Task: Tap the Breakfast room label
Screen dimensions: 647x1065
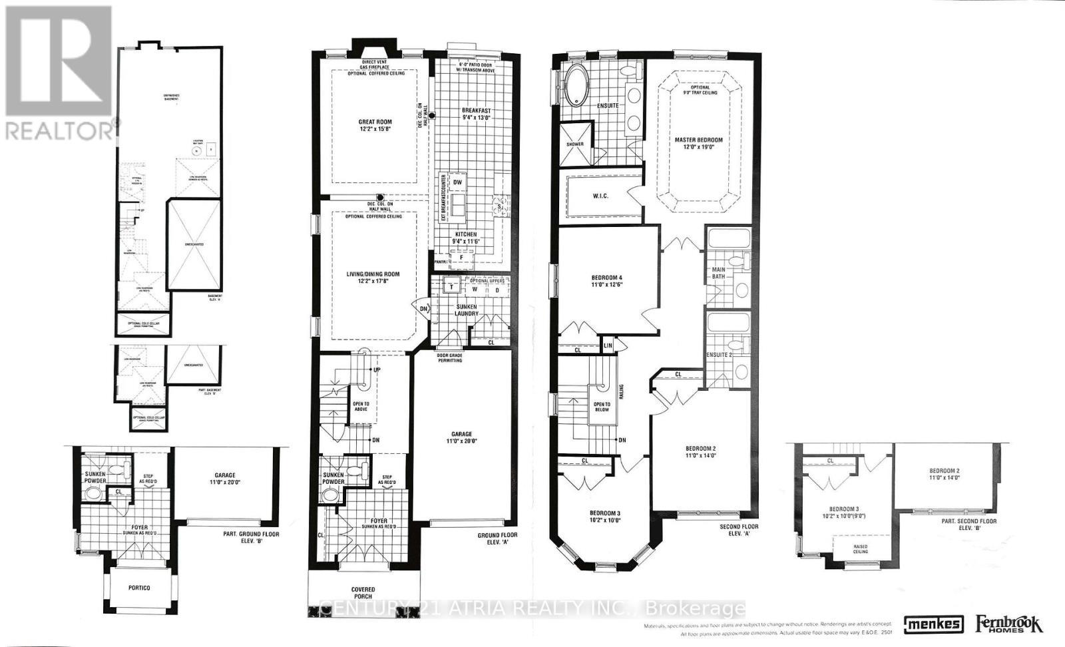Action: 476,114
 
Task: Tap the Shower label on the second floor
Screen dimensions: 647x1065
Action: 575,144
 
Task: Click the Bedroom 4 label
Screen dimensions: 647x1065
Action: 606,282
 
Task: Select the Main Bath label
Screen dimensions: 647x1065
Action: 718,273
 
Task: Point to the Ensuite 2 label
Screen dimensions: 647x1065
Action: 719,355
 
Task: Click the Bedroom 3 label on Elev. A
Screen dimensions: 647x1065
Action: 604,517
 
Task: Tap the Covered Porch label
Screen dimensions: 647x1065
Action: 363,593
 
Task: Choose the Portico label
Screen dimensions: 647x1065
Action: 139,588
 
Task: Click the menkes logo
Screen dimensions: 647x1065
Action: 933,624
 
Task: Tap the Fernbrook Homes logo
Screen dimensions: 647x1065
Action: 1009,624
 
